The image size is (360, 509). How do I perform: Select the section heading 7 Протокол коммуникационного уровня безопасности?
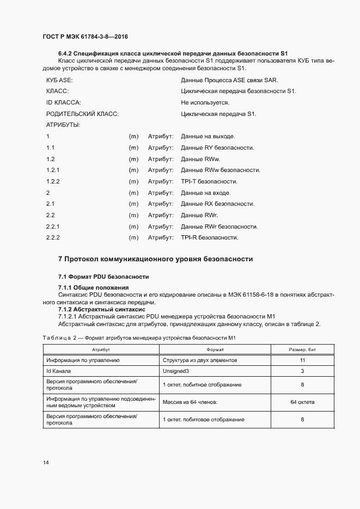(x=155, y=259)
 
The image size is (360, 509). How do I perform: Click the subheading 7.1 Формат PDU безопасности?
(x=103, y=277)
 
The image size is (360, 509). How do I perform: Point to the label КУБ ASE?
(x=60, y=80)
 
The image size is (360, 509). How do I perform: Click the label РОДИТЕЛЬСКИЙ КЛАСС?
(x=83, y=114)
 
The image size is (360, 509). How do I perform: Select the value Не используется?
(x=205, y=102)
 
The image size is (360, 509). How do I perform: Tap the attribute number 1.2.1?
(x=53, y=170)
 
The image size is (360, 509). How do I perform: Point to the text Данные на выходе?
(x=208, y=136)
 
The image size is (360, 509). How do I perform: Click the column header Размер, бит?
(x=302, y=349)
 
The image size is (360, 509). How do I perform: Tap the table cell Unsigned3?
(x=176, y=371)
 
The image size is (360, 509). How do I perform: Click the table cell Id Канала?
(x=59, y=371)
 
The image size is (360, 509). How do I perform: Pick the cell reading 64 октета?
(x=302, y=402)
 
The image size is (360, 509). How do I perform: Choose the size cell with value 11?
(x=302, y=360)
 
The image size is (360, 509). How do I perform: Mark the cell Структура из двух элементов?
(x=199, y=360)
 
